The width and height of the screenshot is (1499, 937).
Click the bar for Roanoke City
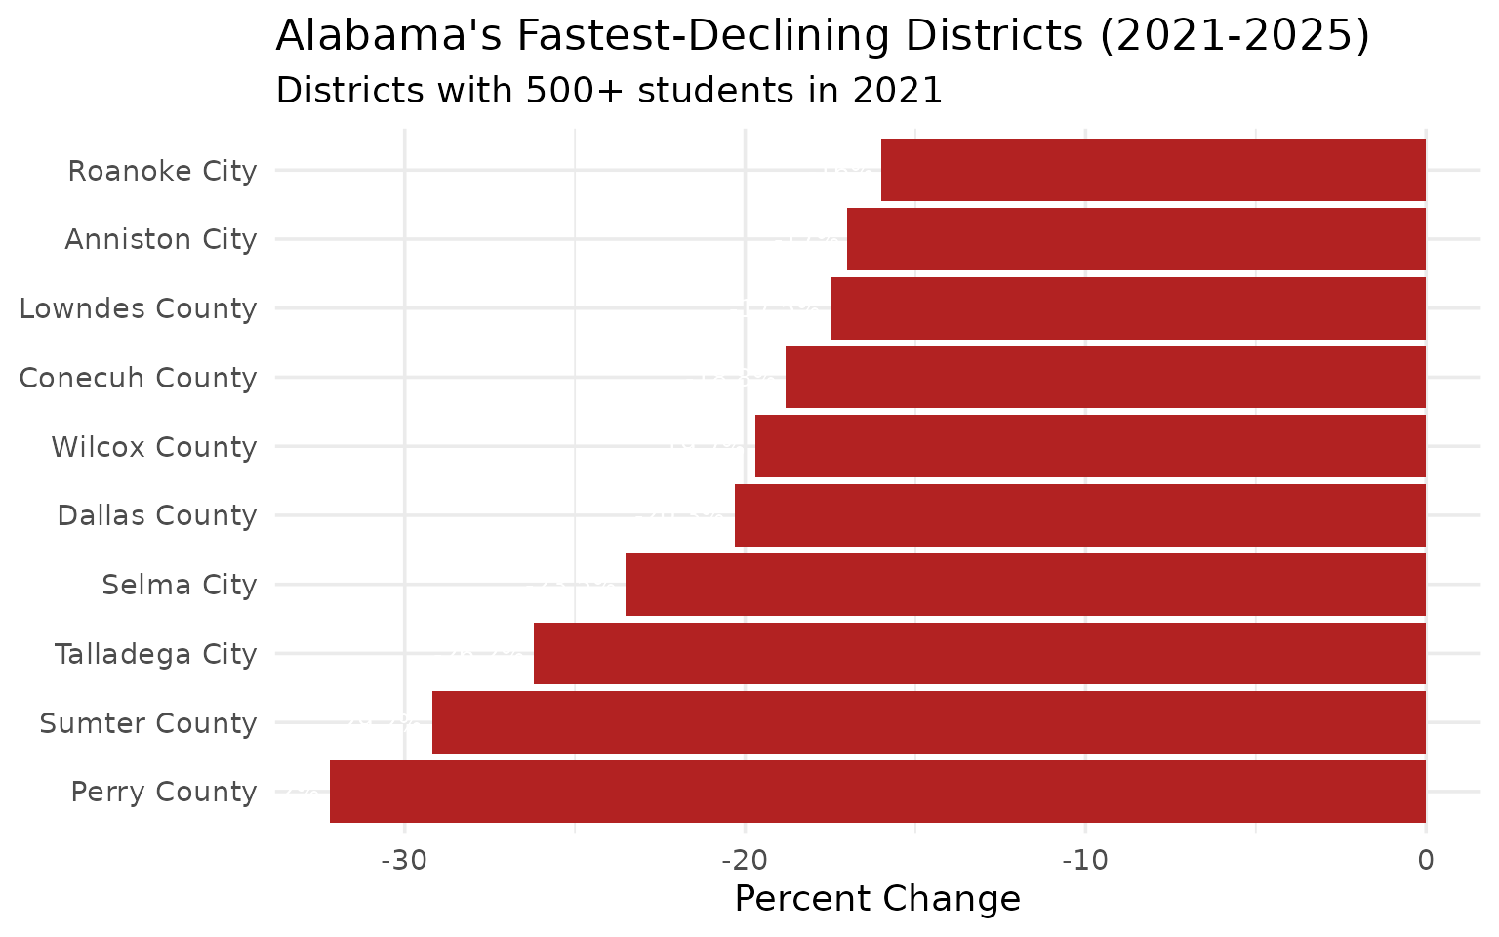pyautogui.click(x=1153, y=170)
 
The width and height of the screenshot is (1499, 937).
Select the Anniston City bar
pyautogui.click(x=1136, y=239)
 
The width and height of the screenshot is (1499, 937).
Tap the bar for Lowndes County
pyautogui.click(x=1127, y=308)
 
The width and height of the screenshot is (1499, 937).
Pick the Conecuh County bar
pyautogui.click(x=1105, y=377)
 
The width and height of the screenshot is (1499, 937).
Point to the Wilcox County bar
pyautogui.click(x=1090, y=446)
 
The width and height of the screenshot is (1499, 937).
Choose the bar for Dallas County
pyautogui.click(x=1079, y=515)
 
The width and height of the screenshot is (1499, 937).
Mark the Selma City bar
pyautogui.click(x=1025, y=585)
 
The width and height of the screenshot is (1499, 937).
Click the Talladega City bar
pyautogui.click(x=979, y=653)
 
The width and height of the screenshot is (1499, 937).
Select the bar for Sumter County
pyautogui.click(x=928, y=722)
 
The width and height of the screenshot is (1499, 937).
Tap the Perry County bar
pyautogui.click(x=877, y=792)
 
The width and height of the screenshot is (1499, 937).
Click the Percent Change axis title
pyautogui.click(x=877, y=899)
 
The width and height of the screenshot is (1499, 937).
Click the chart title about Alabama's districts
pyautogui.click(x=823, y=37)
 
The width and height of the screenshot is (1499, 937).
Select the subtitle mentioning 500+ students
pyautogui.click(x=609, y=91)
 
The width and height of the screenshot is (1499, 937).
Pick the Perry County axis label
pyautogui.click(x=164, y=792)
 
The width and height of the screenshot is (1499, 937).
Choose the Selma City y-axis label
pyautogui.click(x=180, y=585)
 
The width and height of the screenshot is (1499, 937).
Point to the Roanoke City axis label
pyautogui.click(x=162, y=171)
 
